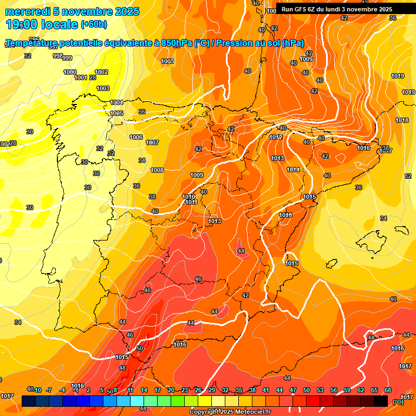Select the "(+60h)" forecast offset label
[94, 24]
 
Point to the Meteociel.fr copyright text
[230, 412]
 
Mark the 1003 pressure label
[103, 88]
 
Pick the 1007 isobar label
[152, 142]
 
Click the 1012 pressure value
[276, 137]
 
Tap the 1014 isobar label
[293, 170]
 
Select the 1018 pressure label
[401, 120]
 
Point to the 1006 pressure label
[136, 137]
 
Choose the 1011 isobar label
[191, 202]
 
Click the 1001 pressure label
[81, 77]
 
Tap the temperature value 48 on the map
[122, 368]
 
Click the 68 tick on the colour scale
[388, 390]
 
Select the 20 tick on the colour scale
[171, 390]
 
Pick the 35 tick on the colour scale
[239, 390]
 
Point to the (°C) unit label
[398, 402]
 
